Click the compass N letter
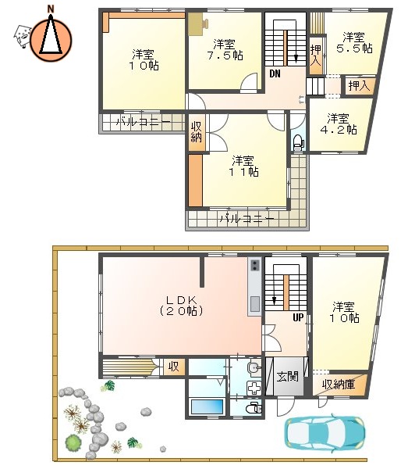(x=51, y=9)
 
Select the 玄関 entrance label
(x=287, y=376)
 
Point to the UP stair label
(x=297, y=318)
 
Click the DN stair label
(x=275, y=73)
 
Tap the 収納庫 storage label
(x=339, y=384)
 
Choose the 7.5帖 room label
(x=225, y=49)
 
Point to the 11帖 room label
(x=243, y=166)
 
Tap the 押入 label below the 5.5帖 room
(x=359, y=85)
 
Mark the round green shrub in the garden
(x=73, y=443)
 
